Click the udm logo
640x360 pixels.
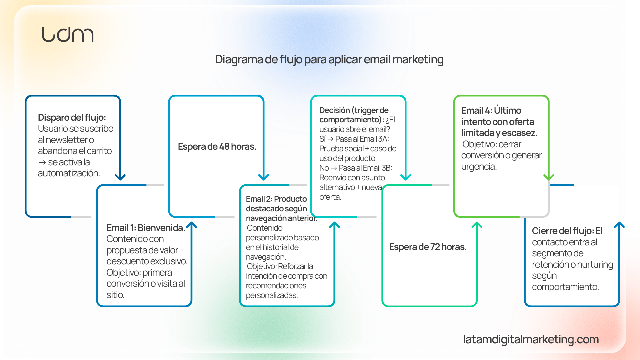click(x=67, y=35)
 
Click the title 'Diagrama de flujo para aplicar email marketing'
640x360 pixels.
click(x=329, y=60)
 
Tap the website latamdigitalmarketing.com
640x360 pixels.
click(x=531, y=339)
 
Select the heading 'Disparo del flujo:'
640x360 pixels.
click(x=72, y=118)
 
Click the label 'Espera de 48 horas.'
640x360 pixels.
click(x=217, y=147)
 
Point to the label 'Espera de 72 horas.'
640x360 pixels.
click(x=428, y=247)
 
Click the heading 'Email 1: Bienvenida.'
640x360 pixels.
click(x=146, y=228)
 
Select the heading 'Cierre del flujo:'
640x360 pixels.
click(x=563, y=231)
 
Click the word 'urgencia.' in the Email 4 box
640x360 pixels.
click(x=479, y=167)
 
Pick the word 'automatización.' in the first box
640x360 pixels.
click(x=69, y=173)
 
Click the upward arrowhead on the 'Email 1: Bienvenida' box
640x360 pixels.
click(x=192, y=225)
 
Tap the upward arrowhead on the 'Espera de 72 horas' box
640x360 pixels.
click(x=477, y=225)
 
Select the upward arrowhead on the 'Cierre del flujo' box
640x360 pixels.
click(x=619, y=225)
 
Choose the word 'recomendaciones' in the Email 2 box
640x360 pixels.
click(x=276, y=286)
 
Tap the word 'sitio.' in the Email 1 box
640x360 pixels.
click(x=115, y=295)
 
